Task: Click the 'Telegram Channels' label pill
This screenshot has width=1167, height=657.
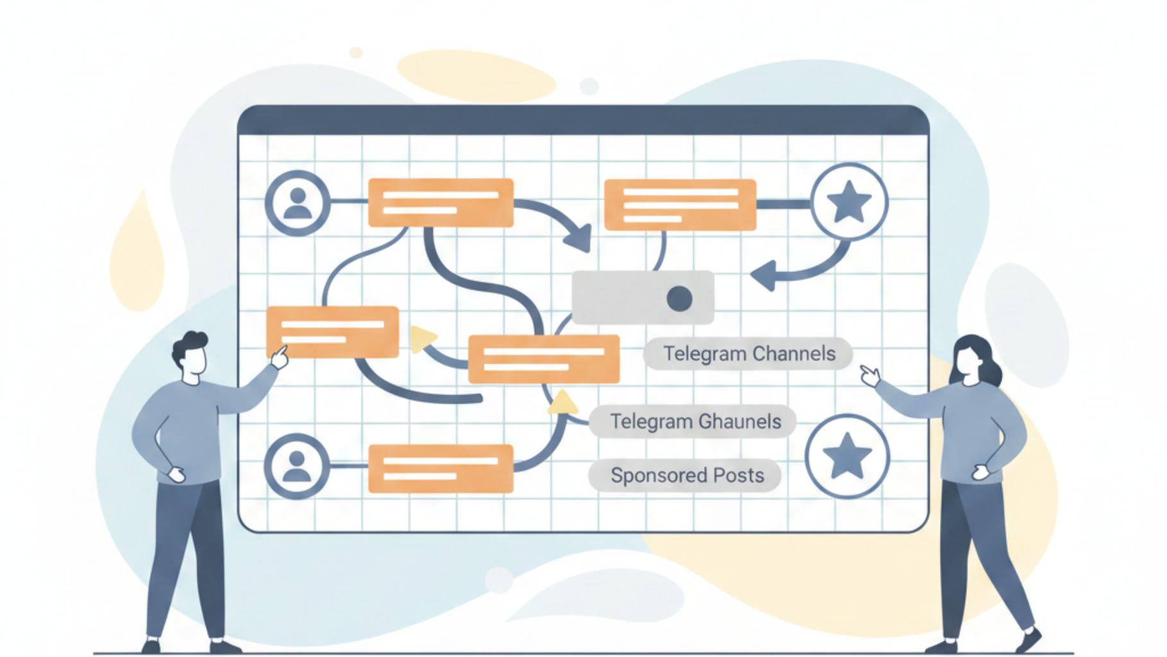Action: point(748,354)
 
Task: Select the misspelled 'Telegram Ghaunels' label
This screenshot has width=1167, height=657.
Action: point(694,422)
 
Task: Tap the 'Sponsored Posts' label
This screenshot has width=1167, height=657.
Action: point(686,475)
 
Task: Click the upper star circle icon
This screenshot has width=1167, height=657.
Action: point(849,201)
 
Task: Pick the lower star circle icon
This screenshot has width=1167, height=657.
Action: point(847,456)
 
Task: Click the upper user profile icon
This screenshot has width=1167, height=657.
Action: point(298,203)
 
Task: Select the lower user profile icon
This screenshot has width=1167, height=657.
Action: point(296,466)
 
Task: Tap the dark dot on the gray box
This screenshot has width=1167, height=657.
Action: point(679,298)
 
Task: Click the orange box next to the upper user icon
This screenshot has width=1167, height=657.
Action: point(441,203)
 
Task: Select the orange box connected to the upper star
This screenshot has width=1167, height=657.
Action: point(680,205)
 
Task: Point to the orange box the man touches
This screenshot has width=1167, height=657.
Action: point(332,331)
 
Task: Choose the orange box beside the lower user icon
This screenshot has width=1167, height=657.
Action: point(441,468)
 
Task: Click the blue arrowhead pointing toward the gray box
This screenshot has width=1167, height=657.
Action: point(765,275)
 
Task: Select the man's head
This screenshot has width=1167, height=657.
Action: point(191,356)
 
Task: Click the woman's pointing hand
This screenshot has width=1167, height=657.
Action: point(869,375)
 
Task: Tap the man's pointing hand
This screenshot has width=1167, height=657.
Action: point(280,357)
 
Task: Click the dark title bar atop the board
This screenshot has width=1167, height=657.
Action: point(583,120)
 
